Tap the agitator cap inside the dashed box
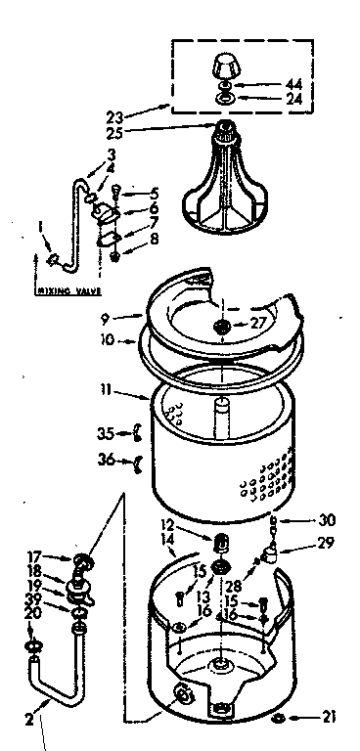tap(226, 68)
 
